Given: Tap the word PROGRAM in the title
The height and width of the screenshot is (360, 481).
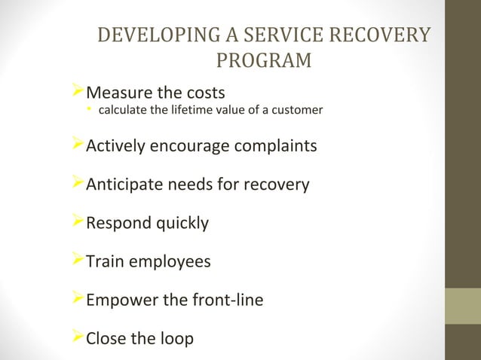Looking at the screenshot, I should (264, 60).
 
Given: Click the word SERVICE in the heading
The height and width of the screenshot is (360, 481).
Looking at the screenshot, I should (280, 36).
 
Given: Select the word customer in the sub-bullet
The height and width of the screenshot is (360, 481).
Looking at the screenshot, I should (298, 111).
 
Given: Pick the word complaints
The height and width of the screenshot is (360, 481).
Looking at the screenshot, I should (275, 145).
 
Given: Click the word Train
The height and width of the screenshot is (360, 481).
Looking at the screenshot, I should (106, 262).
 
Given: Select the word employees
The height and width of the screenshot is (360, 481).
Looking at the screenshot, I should (170, 262).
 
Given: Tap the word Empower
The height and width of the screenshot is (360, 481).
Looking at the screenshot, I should (119, 301).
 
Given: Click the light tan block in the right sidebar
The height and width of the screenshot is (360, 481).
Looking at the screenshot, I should (463, 306).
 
